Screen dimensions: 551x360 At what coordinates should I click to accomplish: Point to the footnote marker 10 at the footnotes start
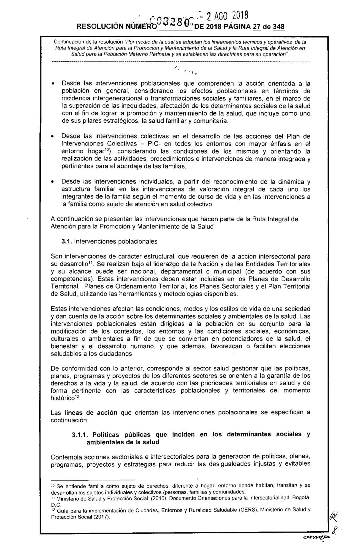click(x=53, y=485)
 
